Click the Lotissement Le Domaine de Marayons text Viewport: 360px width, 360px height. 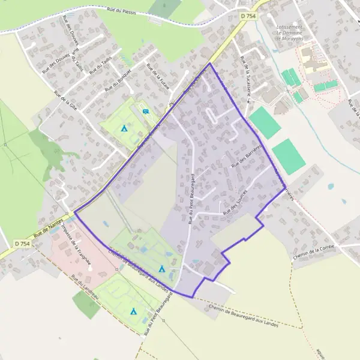point(289,33)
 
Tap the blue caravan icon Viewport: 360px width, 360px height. point(146,111)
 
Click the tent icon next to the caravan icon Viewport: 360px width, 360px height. point(124,128)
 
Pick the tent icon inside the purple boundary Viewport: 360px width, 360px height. point(161,269)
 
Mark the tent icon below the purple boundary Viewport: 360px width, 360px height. point(134,311)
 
